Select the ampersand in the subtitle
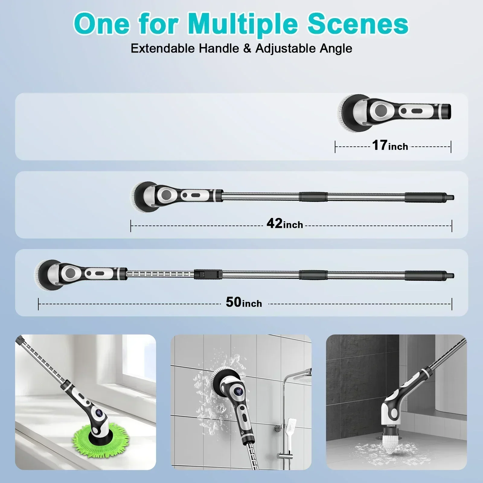pyautogui.click(x=247, y=49)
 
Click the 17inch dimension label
pyautogui.click(x=390, y=146)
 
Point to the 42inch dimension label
pyautogui.click(x=284, y=224)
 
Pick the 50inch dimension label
pyautogui.click(x=244, y=302)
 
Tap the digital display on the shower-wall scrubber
pyautogui.click(x=239, y=392)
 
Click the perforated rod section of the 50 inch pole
pyautogui.click(x=160, y=274)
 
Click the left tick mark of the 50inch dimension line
pyautogui.click(x=39, y=304)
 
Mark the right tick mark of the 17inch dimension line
pyautogui.click(x=451, y=147)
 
